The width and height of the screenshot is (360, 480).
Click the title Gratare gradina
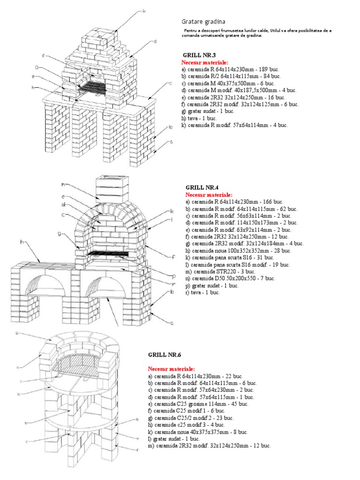click(x=203, y=22)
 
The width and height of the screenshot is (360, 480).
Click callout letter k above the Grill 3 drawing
click(x=144, y=10)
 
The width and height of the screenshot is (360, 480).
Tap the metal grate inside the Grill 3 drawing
click(x=92, y=87)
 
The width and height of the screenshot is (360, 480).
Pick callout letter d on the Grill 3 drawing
click(x=154, y=41)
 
